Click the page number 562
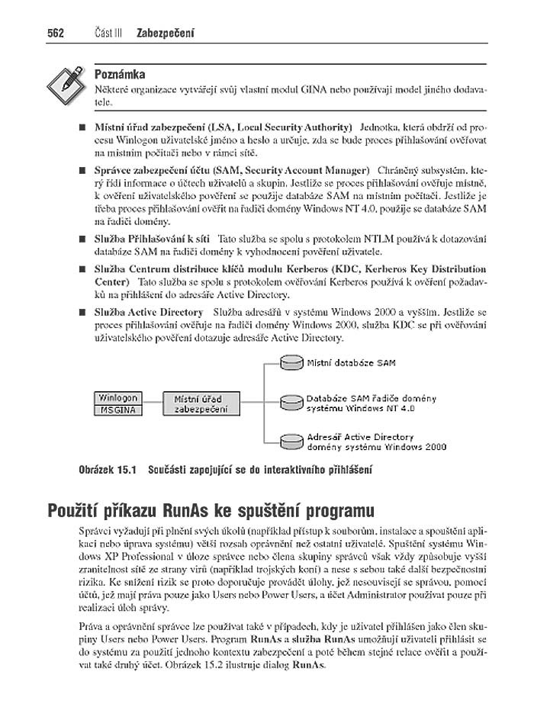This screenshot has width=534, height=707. point(55,34)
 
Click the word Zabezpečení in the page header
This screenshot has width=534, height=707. point(165,34)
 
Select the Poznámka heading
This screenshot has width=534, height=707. point(119,74)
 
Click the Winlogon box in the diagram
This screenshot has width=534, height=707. point(117,397)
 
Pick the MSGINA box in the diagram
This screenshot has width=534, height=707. point(117,410)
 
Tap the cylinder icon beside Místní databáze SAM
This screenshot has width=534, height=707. point(291,364)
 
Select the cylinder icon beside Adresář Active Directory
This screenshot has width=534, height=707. point(291,441)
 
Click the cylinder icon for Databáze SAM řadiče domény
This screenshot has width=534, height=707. point(291,402)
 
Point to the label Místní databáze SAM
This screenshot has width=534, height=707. point(351,364)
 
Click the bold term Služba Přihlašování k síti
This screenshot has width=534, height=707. point(152,239)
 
